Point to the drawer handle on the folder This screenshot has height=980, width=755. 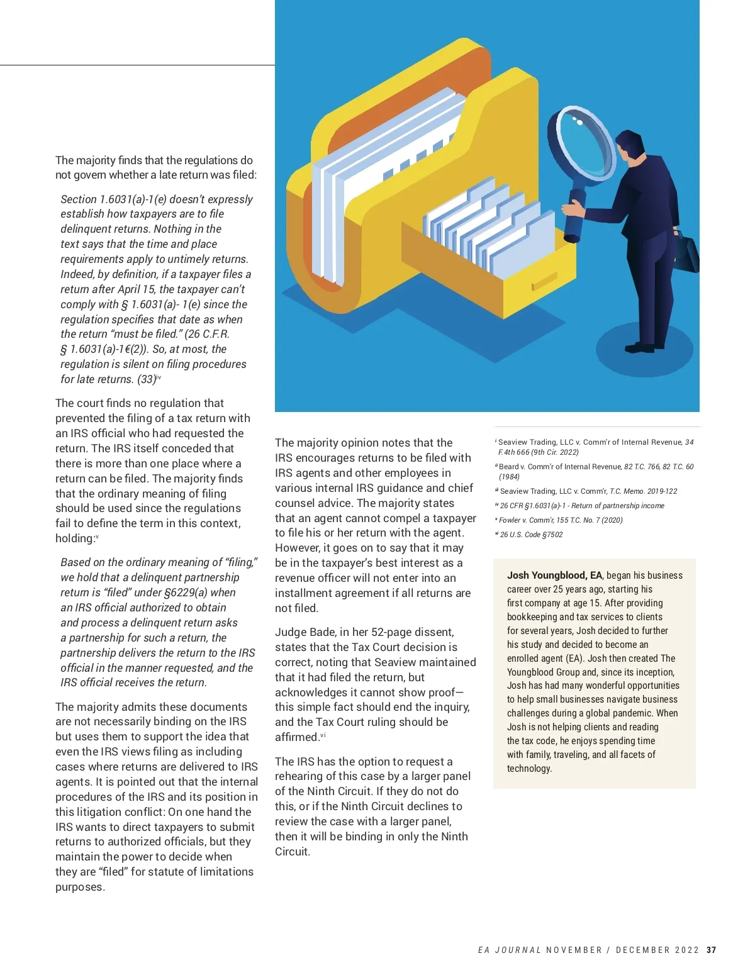pyautogui.click(x=544, y=281)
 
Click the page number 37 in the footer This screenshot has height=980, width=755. pyautogui.click(x=711, y=950)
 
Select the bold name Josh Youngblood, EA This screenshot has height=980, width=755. pyautogui.click(x=554, y=575)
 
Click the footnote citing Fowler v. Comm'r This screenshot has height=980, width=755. pyautogui.click(x=560, y=520)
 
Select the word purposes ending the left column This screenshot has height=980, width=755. pyautogui.click(x=80, y=887)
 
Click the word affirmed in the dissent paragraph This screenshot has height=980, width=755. pyautogui.click(x=296, y=737)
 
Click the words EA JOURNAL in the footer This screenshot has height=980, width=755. pyautogui.click(x=509, y=950)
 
